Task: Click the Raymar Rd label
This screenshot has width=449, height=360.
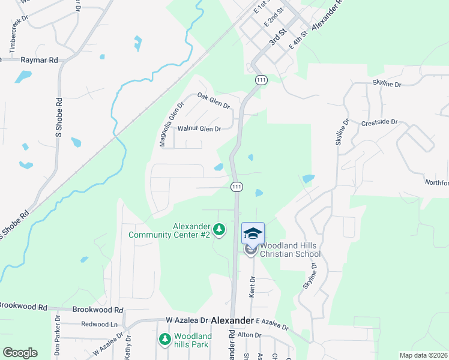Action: point(39,60)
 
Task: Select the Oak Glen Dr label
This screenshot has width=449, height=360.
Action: point(214,100)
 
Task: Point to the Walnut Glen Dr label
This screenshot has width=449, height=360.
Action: point(199,128)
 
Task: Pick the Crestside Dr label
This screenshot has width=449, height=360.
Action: point(380,122)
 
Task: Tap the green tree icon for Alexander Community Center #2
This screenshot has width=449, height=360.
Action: point(220,229)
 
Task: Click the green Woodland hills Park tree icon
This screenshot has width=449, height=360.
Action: point(164,340)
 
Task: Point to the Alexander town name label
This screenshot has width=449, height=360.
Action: point(232,321)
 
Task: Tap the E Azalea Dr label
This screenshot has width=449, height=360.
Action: point(272,325)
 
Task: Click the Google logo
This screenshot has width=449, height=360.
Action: point(20,353)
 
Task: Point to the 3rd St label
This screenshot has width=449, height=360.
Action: point(276,39)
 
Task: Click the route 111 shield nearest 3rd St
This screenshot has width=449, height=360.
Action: point(261,80)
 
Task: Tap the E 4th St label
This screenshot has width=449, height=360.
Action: point(298,40)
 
